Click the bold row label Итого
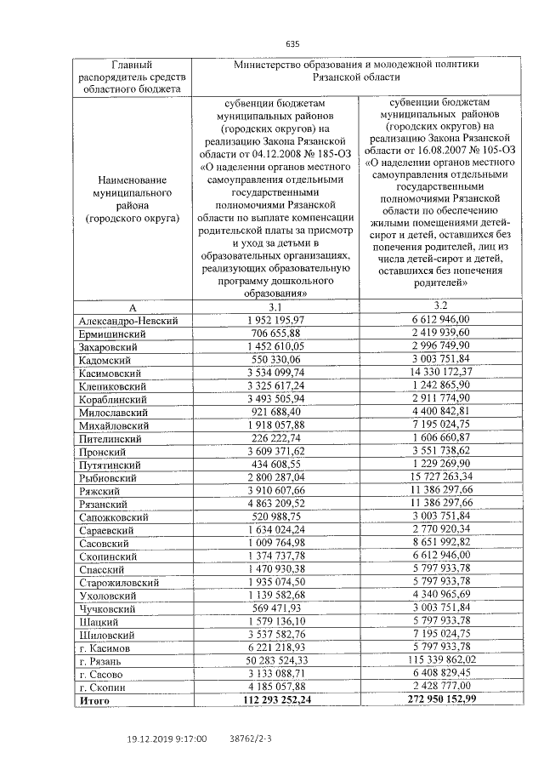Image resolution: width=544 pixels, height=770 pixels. pyautogui.click(x=94, y=700)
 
